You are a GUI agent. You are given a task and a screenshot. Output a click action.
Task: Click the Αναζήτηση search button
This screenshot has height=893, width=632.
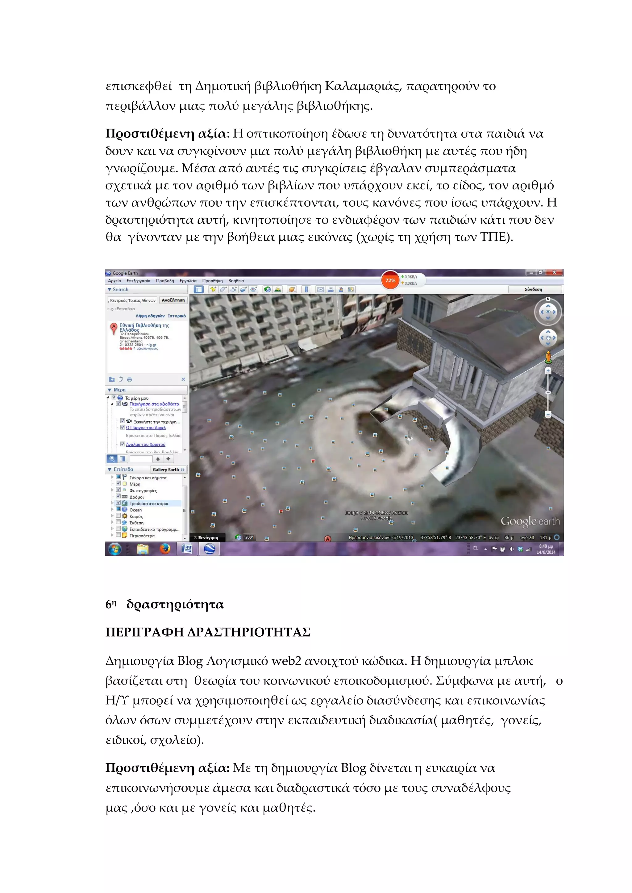click(x=173, y=300)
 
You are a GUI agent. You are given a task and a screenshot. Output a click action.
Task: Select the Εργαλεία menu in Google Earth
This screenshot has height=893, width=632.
click(x=188, y=281)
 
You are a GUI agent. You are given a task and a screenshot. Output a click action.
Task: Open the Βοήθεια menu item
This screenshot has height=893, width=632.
click(x=236, y=281)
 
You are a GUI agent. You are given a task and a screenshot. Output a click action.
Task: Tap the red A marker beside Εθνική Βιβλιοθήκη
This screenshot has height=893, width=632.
click(x=114, y=328)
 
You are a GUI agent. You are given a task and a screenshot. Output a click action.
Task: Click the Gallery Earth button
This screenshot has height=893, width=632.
click(x=168, y=469)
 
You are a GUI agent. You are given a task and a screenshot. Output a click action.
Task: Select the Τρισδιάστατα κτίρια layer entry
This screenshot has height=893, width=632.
click(x=149, y=503)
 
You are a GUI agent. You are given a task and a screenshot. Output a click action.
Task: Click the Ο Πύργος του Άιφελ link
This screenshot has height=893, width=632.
click(x=146, y=428)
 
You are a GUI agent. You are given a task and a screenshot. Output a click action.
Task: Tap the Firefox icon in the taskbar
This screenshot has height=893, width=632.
click(x=165, y=549)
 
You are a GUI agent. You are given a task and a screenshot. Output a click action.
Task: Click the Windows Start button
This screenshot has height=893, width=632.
click(x=114, y=549)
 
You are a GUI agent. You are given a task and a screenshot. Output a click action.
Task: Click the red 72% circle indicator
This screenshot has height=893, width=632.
click(x=390, y=280)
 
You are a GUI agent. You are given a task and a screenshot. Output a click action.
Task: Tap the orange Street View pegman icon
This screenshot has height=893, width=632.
click(x=548, y=357)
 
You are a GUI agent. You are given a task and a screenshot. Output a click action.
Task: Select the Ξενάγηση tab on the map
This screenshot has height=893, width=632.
click(x=206, y=538)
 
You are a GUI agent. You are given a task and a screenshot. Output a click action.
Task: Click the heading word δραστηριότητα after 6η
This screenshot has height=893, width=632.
click(x=175, y=604)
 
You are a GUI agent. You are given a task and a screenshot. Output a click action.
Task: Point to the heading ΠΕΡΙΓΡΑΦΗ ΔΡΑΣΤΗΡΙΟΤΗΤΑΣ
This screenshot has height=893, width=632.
click(x=207, y=632)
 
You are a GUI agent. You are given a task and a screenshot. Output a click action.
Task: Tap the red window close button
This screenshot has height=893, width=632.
click(x=554, y=272)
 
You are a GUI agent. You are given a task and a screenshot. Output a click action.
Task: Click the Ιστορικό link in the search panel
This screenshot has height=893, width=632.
click(x=177, y=316)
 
